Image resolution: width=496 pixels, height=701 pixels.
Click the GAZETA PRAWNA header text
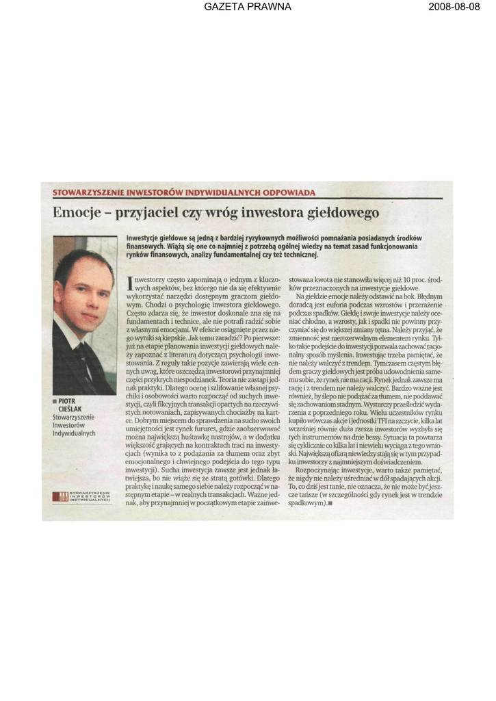pos(248,7)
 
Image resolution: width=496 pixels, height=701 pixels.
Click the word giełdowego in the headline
pos(343,214)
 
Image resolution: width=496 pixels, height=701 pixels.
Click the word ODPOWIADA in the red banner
pos(286,193)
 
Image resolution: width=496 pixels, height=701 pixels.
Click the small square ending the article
pos(329,504)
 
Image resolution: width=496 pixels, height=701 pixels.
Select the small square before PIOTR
pos(55,401)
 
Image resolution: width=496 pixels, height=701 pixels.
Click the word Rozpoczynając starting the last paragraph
pos(322,470)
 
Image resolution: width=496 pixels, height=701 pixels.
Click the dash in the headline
pos(109,214)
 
